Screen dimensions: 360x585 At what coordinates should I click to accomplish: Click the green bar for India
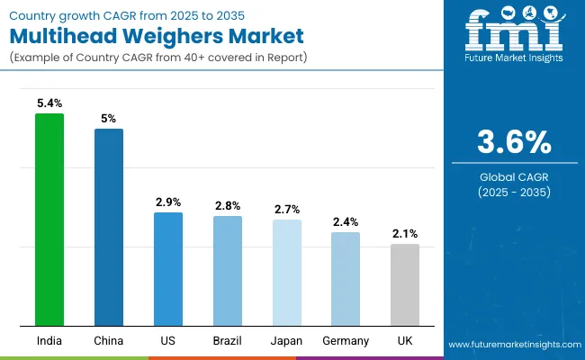pos(49,220)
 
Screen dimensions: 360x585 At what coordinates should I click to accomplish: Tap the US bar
pos(168,269)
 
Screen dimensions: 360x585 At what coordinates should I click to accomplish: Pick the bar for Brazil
pos(228,271)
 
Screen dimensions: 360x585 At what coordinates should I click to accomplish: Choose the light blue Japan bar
pos(287,273)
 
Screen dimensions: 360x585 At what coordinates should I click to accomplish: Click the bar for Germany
pos(346,279)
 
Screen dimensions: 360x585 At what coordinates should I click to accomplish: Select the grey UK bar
pos(405,284)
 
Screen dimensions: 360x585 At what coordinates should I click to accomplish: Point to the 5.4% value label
pos(49,103)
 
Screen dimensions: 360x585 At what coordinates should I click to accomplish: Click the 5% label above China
pos(109,118)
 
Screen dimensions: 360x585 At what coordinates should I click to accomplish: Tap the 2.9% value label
pos(168,202)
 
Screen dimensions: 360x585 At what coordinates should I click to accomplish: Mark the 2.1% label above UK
pos(405,233)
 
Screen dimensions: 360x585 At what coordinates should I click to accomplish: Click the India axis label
pos(49,341)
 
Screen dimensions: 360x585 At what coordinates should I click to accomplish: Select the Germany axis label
pos(346,341)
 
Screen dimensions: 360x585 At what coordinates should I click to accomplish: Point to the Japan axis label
pos(287,341)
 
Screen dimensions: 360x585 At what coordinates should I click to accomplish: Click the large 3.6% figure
pos(514,142)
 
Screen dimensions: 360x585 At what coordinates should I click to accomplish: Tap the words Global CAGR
pos(514,175)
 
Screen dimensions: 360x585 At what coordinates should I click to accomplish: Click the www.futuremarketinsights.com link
pos(513,345)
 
